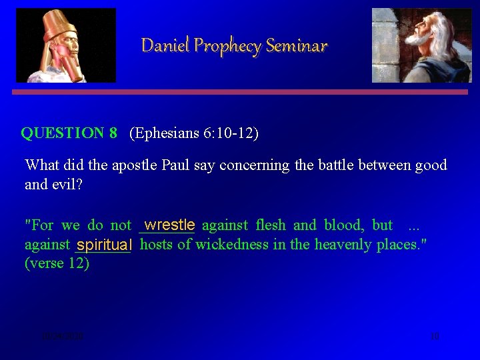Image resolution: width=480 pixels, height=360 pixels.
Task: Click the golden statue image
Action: [x=65, y=45]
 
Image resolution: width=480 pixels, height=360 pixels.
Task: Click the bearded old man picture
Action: [x=421, y=45]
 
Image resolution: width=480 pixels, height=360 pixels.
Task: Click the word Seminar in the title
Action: [x=297, y=46]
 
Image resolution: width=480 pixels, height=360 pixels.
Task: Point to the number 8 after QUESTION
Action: [x=113, y=133]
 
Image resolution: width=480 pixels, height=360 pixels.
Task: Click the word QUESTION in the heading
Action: [x=63, y=133]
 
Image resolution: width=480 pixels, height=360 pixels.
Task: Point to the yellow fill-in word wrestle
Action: [x=170, y=225]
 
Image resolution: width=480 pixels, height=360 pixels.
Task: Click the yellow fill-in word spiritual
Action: [x=105, y=245]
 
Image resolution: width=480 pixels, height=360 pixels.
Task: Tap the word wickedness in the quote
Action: [x=240, y=245]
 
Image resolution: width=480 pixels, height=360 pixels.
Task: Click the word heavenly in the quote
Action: [x=343, y=245]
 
